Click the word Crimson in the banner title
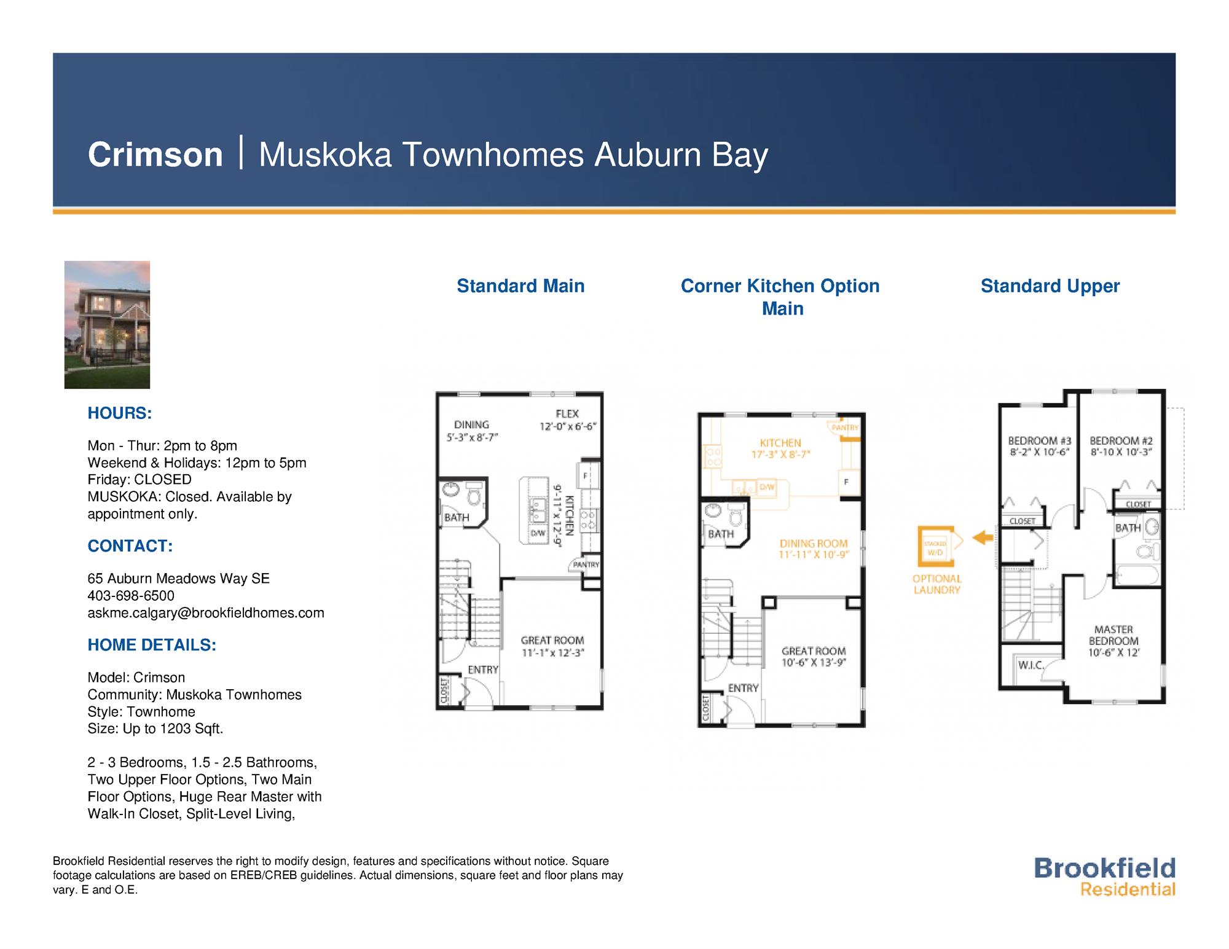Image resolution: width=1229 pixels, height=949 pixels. [155, 154]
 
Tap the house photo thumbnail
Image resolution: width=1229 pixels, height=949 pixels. [107, 324]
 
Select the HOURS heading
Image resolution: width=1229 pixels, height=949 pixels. [119, 413]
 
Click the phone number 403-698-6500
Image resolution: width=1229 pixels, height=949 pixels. [131, 596]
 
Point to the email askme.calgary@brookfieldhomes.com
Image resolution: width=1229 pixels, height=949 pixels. [206, 613]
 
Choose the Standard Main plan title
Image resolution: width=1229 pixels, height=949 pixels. [520, 286]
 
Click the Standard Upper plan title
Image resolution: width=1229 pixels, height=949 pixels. [1050, 286]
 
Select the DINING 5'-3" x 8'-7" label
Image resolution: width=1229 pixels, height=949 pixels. [472, 431]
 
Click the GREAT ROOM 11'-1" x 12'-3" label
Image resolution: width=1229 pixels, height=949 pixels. [552, 646]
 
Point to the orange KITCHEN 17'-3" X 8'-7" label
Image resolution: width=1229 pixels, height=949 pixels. [780, 448]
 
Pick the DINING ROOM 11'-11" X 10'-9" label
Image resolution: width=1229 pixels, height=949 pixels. [814, 549]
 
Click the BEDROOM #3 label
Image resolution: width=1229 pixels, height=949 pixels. [1039, 446]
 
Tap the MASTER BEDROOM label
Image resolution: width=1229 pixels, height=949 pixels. [1113, 641]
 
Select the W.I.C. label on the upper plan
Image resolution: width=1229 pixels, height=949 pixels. [1031, 665]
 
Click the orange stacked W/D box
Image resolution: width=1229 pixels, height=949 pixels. [935, 546]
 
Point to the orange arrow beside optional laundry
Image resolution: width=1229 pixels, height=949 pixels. [984, 538]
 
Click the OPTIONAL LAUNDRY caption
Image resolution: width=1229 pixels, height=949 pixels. [936, 584]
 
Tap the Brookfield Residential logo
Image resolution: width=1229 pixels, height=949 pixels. [1104, 877]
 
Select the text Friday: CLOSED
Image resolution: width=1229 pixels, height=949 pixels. [139, 480]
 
